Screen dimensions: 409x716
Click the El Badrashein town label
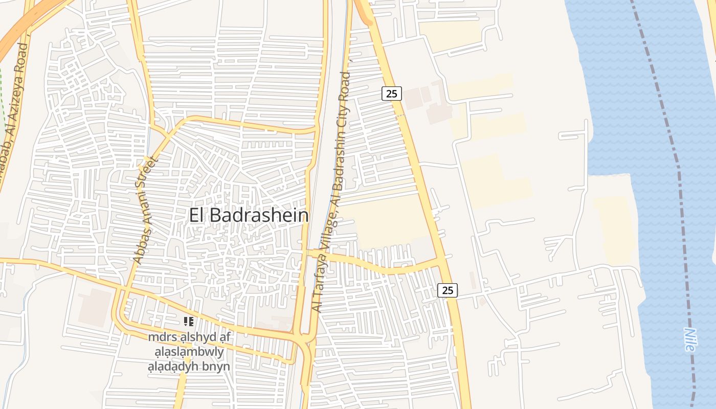(249, 215)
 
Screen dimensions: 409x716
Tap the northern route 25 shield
(391, 94)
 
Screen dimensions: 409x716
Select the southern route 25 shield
(447, 290)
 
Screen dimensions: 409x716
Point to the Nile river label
(689, 339)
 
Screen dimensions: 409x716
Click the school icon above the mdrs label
(189, 322)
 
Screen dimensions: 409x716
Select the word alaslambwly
(189, 352)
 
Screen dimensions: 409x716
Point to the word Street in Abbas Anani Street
(150, 172)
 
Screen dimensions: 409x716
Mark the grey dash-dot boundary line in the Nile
(675, 153)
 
